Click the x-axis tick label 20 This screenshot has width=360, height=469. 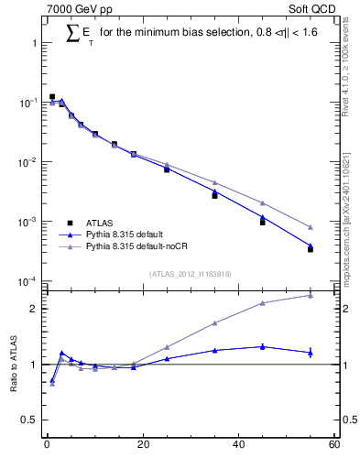point(142,445)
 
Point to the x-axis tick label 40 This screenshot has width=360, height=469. point(238,445)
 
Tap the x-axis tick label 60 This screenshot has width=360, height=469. point(333,445)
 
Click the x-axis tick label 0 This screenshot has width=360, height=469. point(47,445)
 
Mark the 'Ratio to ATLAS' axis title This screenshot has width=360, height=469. point(13,365)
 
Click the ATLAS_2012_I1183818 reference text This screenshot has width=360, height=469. point(190,274)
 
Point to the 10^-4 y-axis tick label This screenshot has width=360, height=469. point(27,281)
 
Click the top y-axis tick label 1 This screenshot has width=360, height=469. point(35,43)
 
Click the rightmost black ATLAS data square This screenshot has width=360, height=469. point(311,249)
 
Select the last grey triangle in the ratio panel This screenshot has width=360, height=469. point(311,295)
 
